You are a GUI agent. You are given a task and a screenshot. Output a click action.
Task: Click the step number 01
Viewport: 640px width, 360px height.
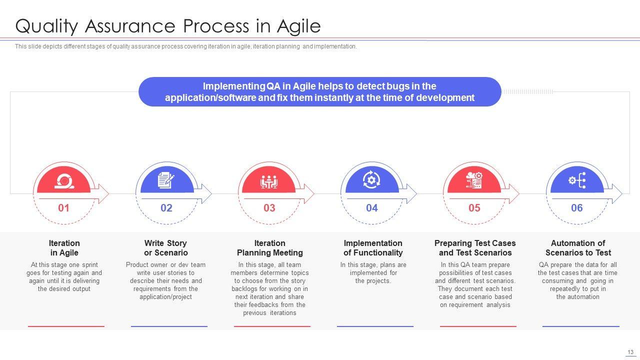click(63, 207)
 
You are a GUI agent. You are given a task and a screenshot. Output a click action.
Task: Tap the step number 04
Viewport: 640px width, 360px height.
click(371, 207)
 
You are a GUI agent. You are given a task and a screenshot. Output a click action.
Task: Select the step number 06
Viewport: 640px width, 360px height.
click(577, 207)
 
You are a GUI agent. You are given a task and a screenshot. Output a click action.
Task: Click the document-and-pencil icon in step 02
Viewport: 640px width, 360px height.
click(166, 180)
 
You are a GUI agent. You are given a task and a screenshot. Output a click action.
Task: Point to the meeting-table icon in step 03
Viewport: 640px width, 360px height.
click(269, 181)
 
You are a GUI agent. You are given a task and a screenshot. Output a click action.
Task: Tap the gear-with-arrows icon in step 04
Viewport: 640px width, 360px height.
click(371, 179)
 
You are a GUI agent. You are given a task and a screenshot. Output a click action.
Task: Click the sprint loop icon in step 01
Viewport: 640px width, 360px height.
click(64, 181)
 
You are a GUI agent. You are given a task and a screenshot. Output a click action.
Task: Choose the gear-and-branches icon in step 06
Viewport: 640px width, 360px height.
click(577, 180)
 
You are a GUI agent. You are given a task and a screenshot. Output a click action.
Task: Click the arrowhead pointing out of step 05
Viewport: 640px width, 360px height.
click(514, 193)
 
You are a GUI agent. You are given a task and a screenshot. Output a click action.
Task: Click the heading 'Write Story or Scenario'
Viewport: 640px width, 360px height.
click(165, 247)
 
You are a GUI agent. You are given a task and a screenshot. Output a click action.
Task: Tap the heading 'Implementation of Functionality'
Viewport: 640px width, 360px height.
click(373, 247)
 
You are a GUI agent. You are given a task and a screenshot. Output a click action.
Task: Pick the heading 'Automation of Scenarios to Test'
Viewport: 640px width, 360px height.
click(578, 247)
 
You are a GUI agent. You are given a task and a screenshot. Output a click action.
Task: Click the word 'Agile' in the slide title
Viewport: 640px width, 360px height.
click(299, 26)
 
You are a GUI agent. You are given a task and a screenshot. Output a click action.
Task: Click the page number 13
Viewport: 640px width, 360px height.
click(630, 352)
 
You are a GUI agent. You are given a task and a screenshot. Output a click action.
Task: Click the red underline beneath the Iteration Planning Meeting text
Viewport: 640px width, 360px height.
click(272, 326)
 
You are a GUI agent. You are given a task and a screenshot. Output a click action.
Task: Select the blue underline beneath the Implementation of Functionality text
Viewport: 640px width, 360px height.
click(375, 326)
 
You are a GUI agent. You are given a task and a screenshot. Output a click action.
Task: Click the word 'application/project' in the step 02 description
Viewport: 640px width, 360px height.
click(165, 297)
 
